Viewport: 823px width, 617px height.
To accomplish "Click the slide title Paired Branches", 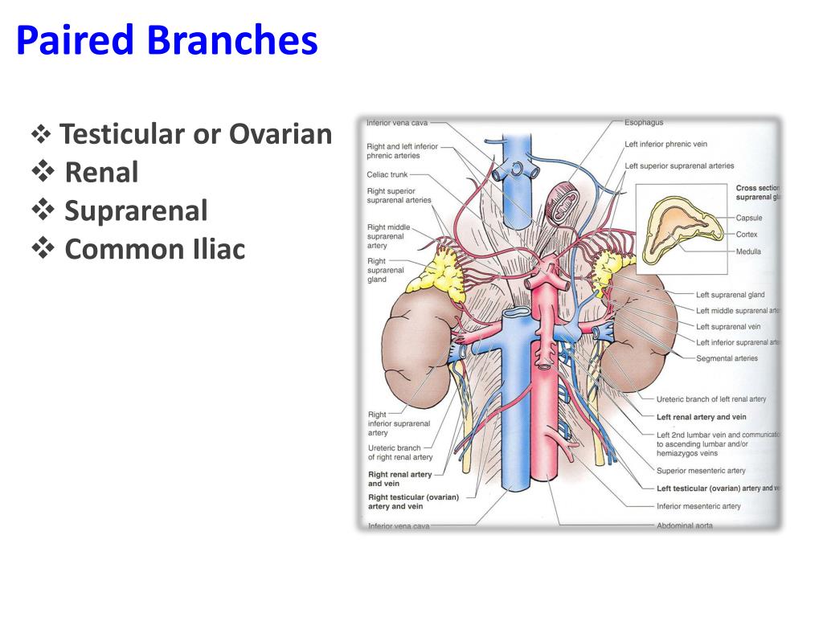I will pos(166,41).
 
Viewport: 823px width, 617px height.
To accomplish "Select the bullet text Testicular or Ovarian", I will pos(195,134).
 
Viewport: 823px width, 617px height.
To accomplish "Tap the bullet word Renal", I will pos(101,172).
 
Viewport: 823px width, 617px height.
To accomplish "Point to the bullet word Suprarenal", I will pos(136,210).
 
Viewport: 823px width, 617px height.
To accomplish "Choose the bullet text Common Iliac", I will pos(154,249).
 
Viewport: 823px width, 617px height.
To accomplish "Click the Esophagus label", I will pos(644,123).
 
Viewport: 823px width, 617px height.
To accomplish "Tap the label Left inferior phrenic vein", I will pos(667,145).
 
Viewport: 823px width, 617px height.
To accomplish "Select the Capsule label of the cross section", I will pos(748,218).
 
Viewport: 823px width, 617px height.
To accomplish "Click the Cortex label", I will pos(746,235).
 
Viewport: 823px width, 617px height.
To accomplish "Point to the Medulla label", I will pos(747,251).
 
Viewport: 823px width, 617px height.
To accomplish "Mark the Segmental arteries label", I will pos(727,358).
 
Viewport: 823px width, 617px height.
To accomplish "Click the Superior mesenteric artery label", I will pos(700,471).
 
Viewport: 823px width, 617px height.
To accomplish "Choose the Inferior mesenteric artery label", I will pos(698,506).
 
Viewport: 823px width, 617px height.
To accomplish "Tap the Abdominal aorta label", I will pos(684,525).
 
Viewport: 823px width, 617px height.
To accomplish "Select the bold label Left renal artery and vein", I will pos(701,417).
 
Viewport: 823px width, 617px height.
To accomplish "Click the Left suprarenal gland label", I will pos(730,295).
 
